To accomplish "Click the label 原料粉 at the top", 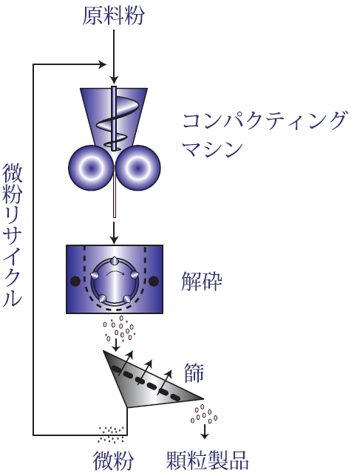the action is pos(113,16).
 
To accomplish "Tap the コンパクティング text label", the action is pos(265,121).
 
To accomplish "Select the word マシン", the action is pos(213,148).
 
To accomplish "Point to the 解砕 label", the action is pos(202,281).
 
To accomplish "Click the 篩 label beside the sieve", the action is pos(194,372).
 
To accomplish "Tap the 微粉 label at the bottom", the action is pos(113,460).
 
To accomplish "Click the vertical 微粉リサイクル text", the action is pos(12,235).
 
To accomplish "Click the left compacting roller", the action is pos(91,168).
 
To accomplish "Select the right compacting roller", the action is pos(138,168).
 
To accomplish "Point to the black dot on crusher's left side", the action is pos(75,281).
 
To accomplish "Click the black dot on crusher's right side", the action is pos(154,281).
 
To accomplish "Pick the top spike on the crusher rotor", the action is pos(115,261).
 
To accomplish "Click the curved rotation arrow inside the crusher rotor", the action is pos(115,272).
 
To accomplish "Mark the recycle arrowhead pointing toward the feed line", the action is pos(103,64).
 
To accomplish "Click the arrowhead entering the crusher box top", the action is pos(114,240).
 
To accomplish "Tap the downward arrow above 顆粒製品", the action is pos(205,432).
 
